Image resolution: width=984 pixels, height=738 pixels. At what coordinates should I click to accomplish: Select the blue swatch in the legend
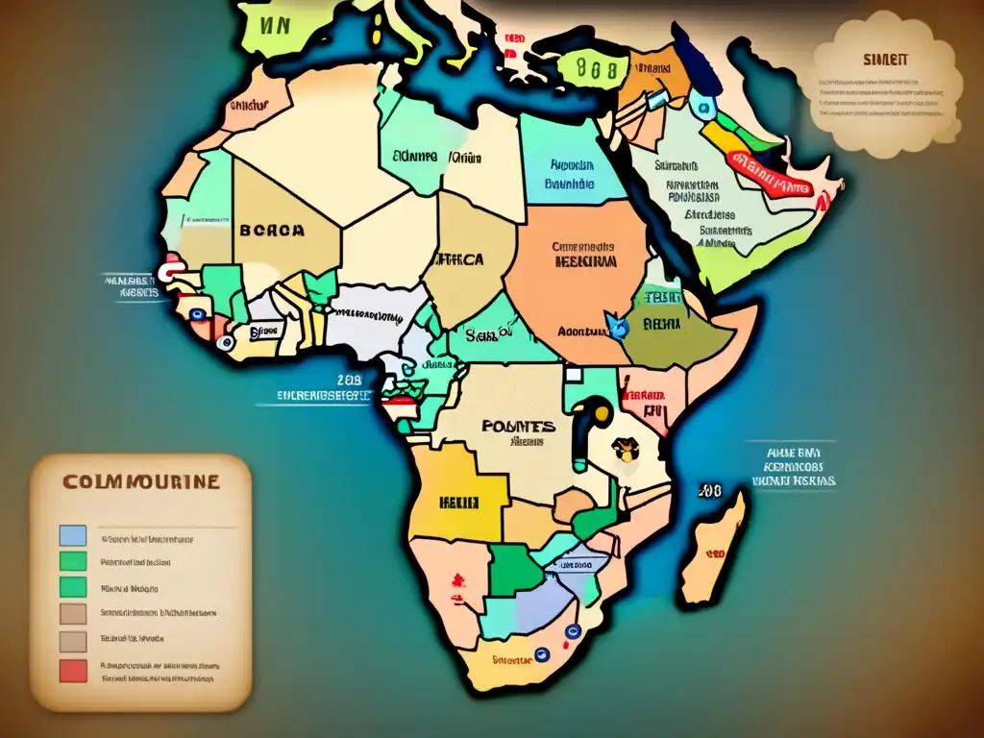point(73,536)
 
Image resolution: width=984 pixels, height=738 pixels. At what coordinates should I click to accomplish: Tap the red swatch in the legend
point(73,671)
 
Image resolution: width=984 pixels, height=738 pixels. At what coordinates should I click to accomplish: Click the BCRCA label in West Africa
point(272,231)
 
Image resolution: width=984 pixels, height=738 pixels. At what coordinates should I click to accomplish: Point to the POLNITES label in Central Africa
point(517,426)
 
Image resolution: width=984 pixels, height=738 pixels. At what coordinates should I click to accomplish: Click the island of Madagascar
point(714,548)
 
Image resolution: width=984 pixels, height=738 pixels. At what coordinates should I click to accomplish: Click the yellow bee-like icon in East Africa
point(627,450)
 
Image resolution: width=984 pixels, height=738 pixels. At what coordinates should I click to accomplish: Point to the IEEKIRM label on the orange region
point(584,260)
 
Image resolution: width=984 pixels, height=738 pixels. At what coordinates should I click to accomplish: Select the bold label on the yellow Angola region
point(459,502)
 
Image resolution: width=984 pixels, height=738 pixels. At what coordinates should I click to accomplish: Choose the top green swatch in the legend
point(73,561)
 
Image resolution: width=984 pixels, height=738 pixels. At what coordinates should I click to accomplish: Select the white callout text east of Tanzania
point(793,466)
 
